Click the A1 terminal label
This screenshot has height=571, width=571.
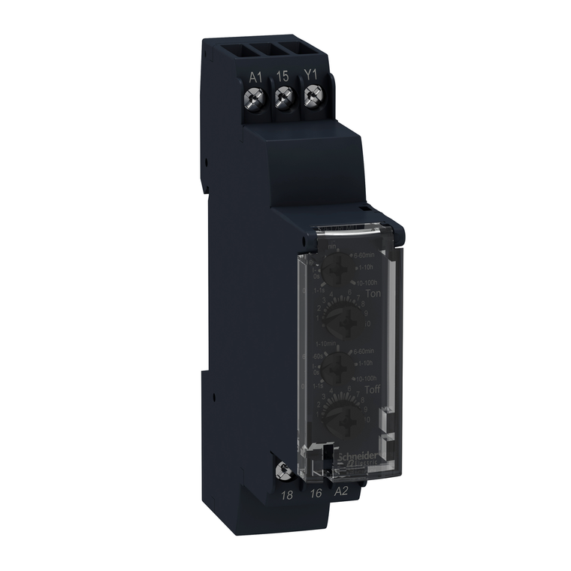tap(255, 76)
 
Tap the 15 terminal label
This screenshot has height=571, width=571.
tap(283, 76)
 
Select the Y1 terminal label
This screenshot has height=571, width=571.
tap(310, 76)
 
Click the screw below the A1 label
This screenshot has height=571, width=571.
tap(255, 97)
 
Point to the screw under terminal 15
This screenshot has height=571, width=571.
tap(283, 97)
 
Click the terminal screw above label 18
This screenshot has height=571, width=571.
tap(285, 470)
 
